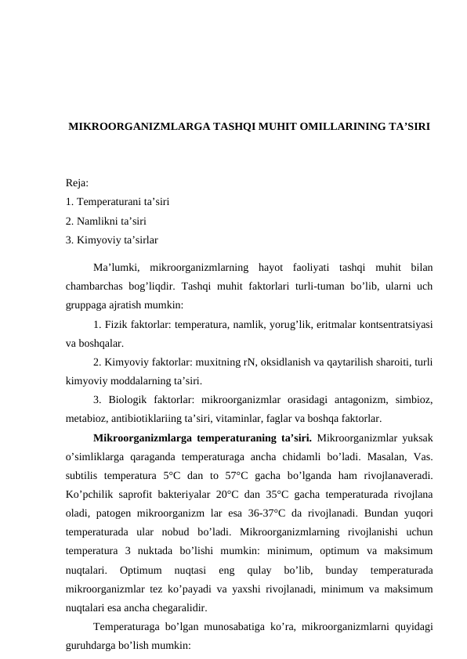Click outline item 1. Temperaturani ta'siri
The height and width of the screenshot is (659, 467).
(120, 202)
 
